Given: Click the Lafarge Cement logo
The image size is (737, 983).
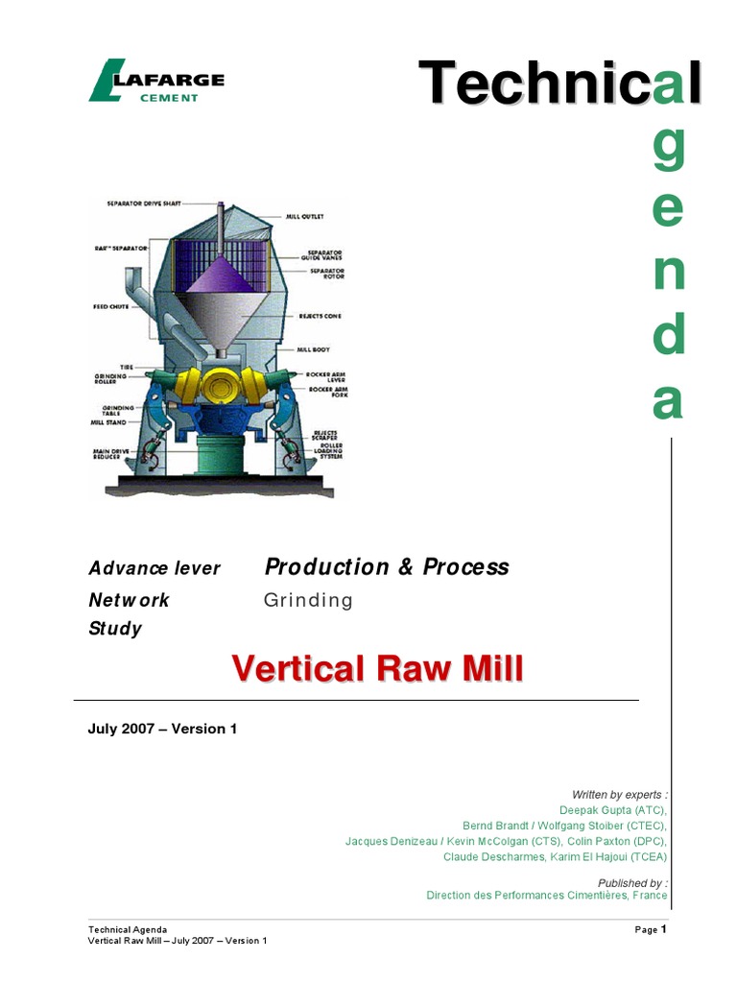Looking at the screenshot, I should (155, 82).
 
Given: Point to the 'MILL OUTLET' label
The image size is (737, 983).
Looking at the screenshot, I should (305, 217).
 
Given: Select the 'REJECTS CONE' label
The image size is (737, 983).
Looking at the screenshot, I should (320, 316).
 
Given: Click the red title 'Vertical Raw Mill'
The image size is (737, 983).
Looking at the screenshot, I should (377, 668).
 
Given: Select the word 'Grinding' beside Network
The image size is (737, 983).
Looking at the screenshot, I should (308, 601).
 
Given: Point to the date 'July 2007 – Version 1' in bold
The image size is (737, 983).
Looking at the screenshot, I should (162, 729).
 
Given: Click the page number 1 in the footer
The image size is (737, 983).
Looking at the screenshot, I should (663, 929).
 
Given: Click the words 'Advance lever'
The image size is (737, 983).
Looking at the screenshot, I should (155, 568).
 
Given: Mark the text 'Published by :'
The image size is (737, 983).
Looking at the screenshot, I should (631, 882).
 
